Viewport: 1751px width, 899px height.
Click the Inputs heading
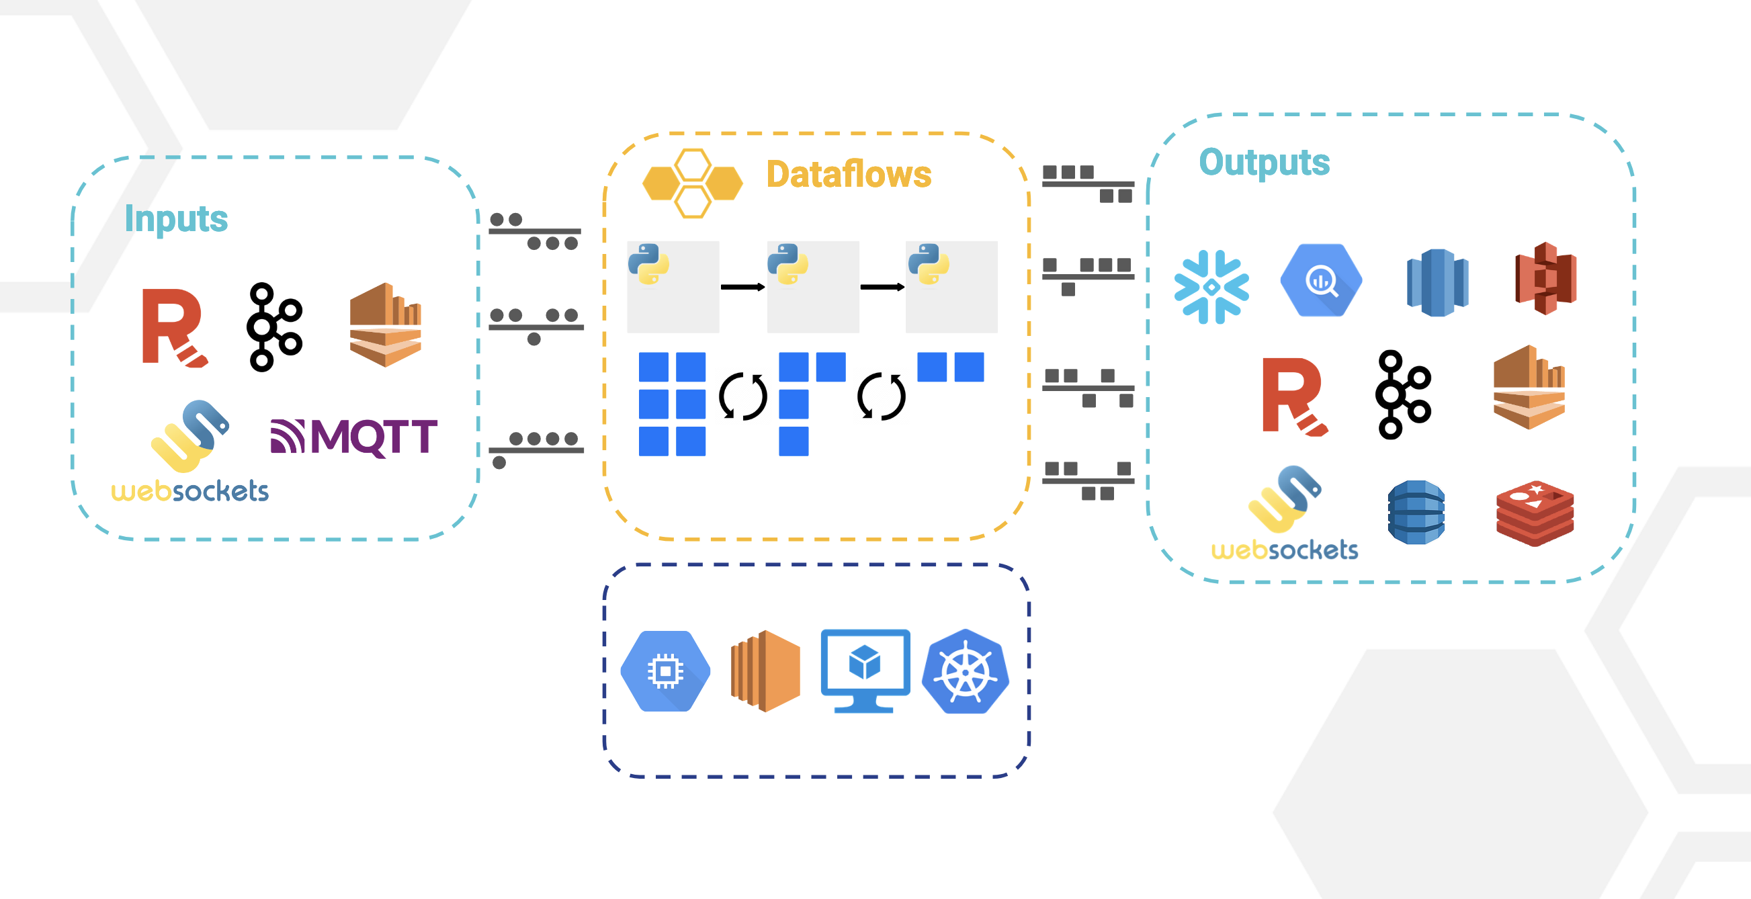coord(176,219)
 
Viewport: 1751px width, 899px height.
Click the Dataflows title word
coord(849,174)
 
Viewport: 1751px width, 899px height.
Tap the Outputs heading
coord(1264,163)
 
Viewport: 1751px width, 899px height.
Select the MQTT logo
coord(354,437)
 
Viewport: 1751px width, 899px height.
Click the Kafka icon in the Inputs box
coord(274,327)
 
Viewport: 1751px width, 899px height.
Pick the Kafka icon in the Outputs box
coord(1403,395)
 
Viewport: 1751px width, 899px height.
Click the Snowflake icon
coord(1211,287)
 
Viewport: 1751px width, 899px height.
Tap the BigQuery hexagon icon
coord(1321,280)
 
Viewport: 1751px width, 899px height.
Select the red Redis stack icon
coord(1535,513)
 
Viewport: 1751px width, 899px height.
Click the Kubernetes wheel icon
coord(966,671)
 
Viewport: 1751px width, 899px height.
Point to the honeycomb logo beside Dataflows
coord(693,183)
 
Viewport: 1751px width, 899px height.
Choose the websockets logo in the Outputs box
coord(1285,513)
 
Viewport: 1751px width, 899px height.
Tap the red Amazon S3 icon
coord(1545,278)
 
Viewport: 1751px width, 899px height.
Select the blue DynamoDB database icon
coord(1416,513)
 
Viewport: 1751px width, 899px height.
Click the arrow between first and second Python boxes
coord(742,287)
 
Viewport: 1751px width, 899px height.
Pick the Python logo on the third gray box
coord(929,263)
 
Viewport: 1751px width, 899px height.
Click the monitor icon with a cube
coord(865,670)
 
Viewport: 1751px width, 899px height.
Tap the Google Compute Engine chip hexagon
coord(665,671)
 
